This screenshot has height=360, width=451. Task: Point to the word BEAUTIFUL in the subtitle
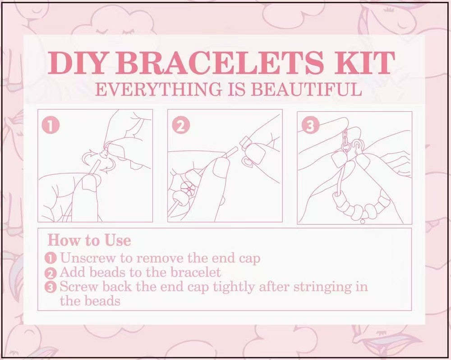306,89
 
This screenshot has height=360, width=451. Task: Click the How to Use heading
89,240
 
